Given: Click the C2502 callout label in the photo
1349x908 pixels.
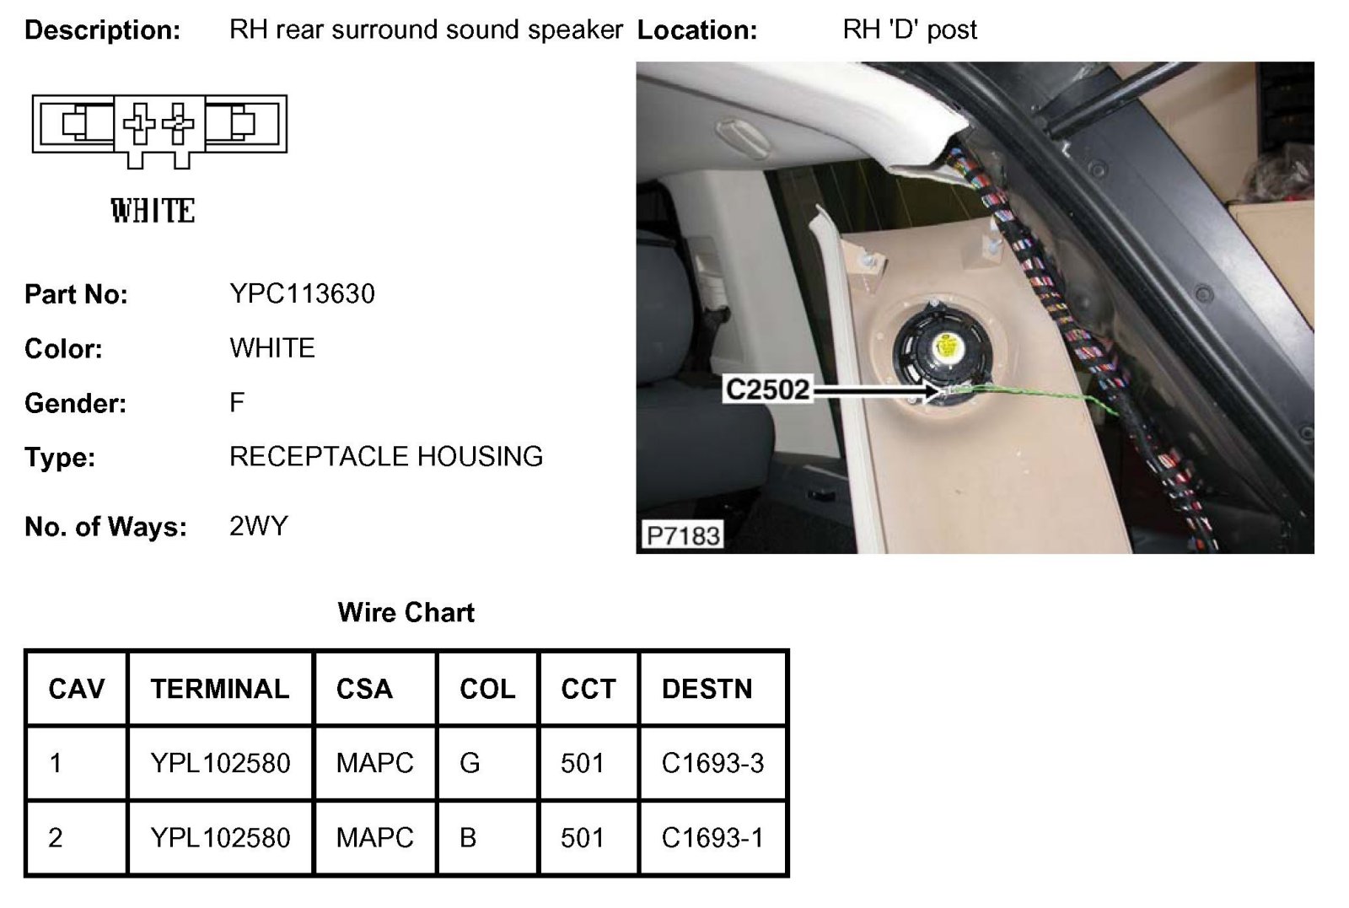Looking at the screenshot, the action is pos(767,390).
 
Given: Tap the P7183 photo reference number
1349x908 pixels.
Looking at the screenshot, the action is pos(683,535).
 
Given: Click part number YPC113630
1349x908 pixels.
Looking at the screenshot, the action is pos(302,293).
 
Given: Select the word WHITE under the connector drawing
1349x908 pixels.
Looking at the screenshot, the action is pos(153,211).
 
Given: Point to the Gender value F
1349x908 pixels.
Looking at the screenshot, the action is pos(237,402).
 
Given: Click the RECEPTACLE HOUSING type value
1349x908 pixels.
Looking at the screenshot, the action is pos(386,456).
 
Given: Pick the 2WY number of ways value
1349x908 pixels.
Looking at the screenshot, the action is pos(258,526).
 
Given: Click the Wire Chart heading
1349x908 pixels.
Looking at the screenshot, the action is pos(406,612).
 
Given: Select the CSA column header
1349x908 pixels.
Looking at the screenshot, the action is pos(364,689).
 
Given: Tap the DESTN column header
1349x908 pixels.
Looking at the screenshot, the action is pos(707,689).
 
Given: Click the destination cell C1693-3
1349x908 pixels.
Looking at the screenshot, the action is pos(712,763).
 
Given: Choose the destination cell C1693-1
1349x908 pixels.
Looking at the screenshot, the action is pos(712,837).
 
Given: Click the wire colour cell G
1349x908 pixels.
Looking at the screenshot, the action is pos(470,763).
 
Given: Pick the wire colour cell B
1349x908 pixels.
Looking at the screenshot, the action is pos(468,837).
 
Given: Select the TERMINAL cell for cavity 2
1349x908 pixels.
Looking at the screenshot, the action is pos(220,837).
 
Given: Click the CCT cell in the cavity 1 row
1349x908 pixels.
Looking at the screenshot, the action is pos(583,763).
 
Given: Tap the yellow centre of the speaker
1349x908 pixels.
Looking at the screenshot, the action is pos(947,347).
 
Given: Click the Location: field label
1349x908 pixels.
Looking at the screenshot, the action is pos(697,30).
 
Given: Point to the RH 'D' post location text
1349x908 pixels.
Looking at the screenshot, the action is pos(910,30).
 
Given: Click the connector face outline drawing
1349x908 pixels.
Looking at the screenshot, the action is pos(159,126).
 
